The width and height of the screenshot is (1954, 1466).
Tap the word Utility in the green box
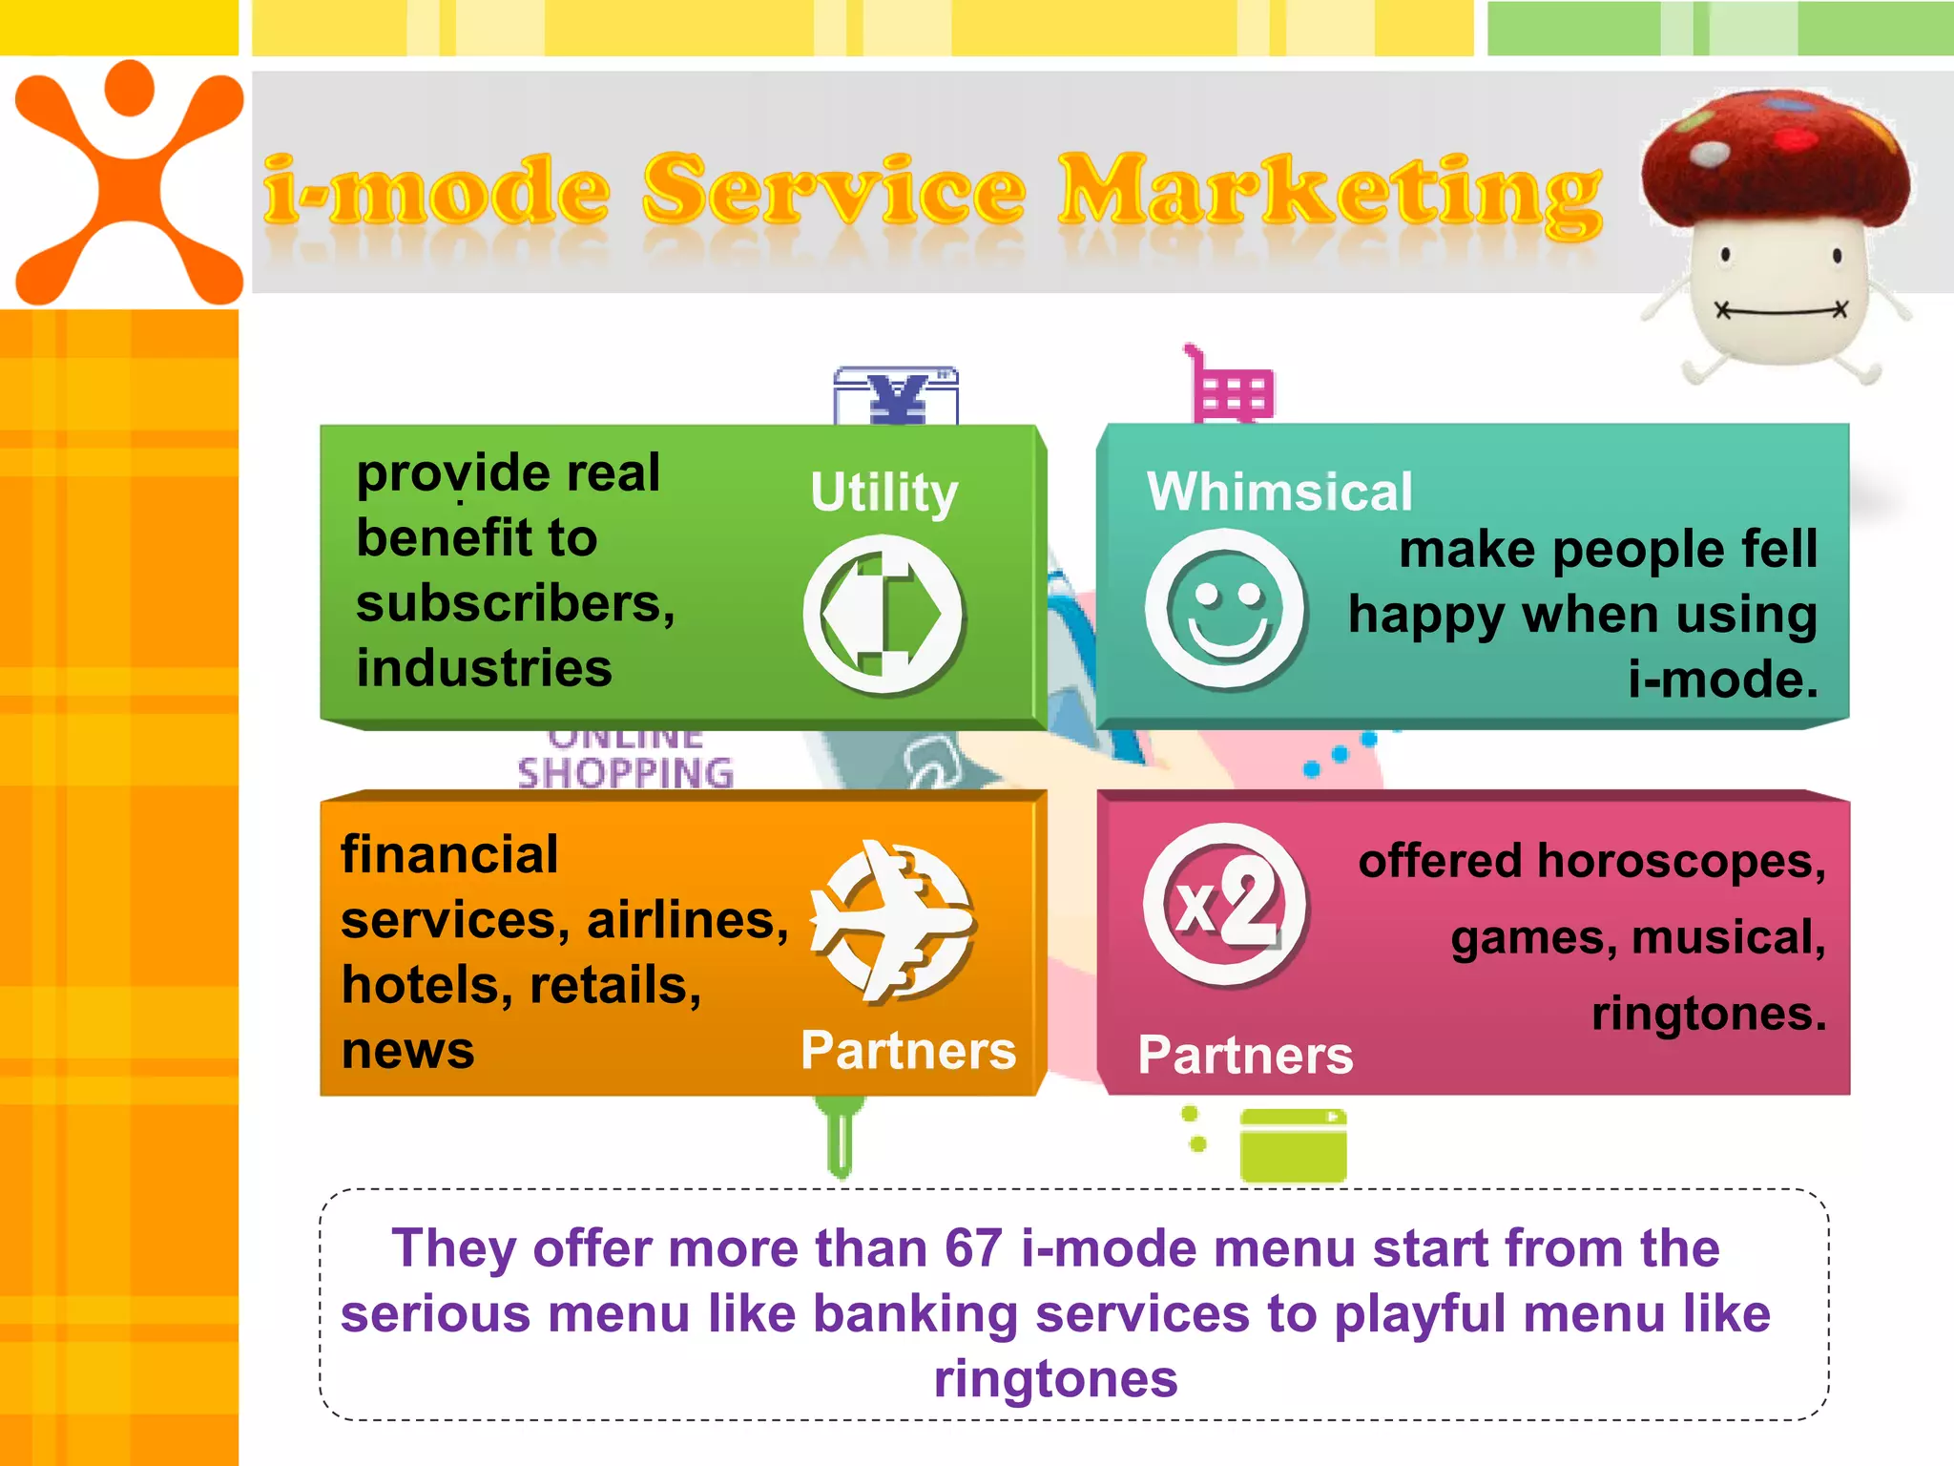[883, 492]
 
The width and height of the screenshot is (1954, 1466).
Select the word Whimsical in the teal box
[1279, 492]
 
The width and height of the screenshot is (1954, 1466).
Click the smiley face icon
[1226, 609]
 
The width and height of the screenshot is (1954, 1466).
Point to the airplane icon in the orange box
[893, 921]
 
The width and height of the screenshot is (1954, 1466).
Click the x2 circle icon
[1226, 904]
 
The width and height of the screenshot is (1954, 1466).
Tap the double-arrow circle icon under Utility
[883, 614]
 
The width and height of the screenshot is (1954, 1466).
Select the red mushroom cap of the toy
[1775, 157]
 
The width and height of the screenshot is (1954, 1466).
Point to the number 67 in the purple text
[973, 1248]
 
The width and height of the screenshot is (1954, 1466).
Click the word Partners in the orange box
[908, 1051]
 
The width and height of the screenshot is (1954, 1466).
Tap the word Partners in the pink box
[1245, 1056]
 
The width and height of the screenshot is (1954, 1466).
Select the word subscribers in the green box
[515, 604]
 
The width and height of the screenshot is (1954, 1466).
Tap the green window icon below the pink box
[1293, 1145]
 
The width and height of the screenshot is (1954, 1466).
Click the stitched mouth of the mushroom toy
[1780, 311]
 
